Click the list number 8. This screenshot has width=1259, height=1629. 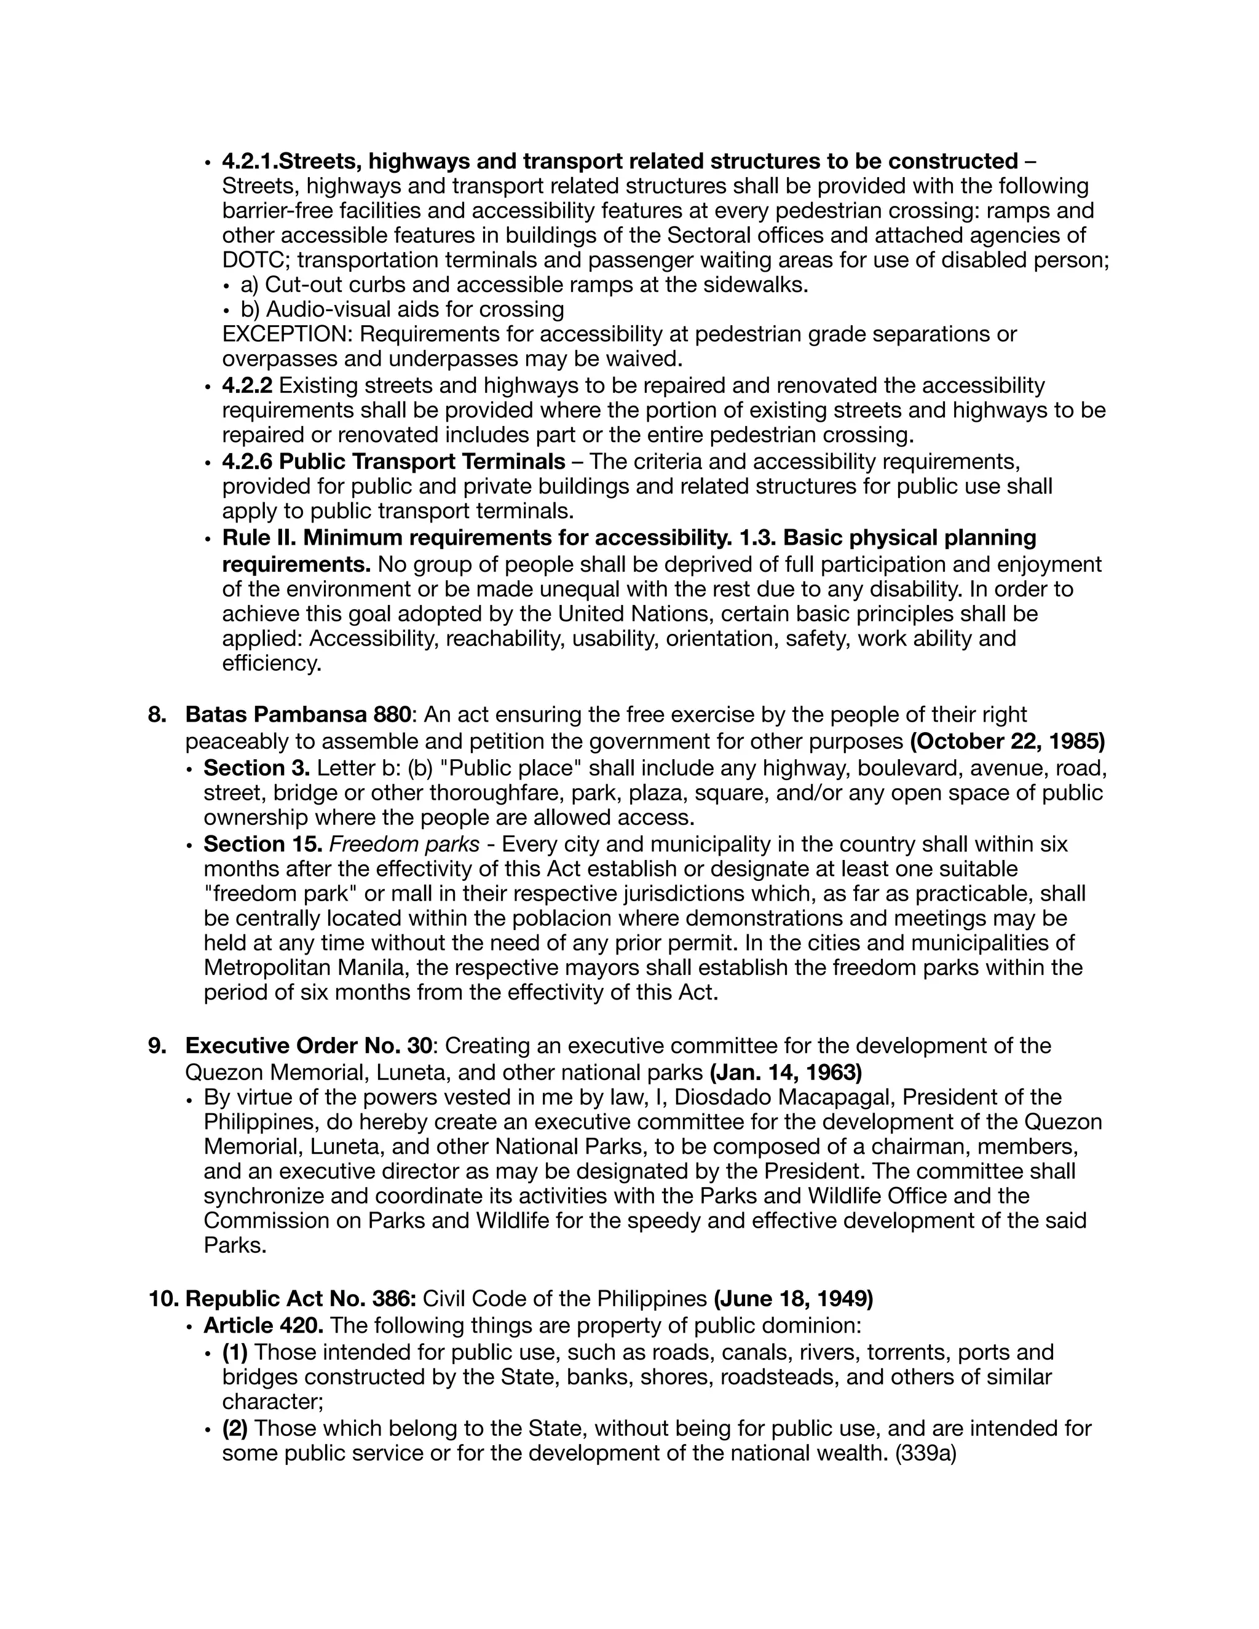tap(157, 714)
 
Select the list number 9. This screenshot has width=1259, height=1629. tap(157, 1046)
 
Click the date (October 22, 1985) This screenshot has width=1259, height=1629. tap(1007, 741)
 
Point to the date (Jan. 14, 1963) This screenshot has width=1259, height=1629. tap(786, 1073)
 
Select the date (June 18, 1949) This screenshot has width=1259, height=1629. tap(793, 1298)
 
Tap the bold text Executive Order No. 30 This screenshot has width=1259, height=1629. tap(308, 1046)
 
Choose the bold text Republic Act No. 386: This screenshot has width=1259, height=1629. tap(300, 1298)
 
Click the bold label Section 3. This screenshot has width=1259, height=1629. tap(256, 768)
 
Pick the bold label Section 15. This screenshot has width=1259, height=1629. tap(262, 845)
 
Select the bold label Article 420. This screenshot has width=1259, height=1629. tap(263, 1325)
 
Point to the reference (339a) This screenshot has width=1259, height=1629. tap(925, 1453)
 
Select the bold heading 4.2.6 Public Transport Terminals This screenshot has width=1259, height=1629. tap(393, 462)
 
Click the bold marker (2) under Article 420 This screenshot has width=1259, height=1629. tap(235, 1429)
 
